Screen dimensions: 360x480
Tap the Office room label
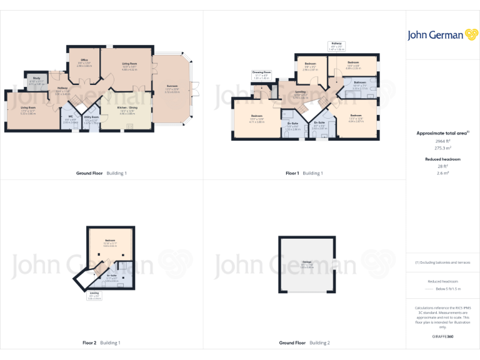click(x=85, y=61)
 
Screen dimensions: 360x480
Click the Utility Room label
click(x=91, y=118)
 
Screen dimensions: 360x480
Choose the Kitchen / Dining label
click(x=127, y=111)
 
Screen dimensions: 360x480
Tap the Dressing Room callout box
click(x=261, y=75)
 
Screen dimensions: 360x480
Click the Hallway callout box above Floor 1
click(x=336, y=46)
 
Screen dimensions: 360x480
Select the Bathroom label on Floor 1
click(x=359, y=84)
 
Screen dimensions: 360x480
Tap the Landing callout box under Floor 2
click(x=94, y=296)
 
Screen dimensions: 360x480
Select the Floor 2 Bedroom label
click(x=109, y=242)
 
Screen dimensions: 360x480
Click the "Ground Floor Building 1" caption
click(x=101, y=172)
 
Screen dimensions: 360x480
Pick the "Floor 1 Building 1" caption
click(x=304, y=172)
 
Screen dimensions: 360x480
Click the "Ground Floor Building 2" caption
click(x=304, y=342)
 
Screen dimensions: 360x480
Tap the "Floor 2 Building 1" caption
click(x=101, y=342)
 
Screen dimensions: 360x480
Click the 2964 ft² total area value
click(x=442, y=142)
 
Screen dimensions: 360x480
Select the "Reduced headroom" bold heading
click(x=442, y=159)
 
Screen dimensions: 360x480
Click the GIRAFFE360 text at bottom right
click(x=442, y=337)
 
